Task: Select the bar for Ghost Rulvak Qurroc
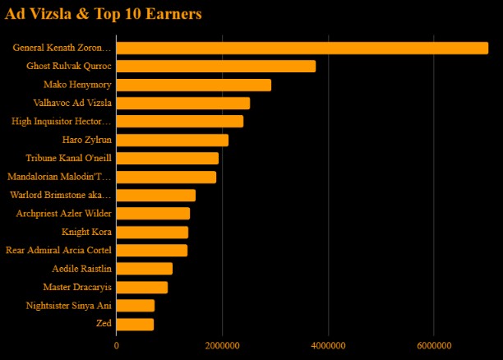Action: [x=215, y=66]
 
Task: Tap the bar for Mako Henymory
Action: [x=193, y=85]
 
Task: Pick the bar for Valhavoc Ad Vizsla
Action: [x=182, y=103]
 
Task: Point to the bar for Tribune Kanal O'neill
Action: [x=167, y=158]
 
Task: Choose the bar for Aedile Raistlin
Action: [x=144, y=269]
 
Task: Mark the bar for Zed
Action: [x=135, y=324]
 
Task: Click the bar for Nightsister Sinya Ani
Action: [x=135, y=306]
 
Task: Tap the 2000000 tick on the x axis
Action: [x=222, y=345]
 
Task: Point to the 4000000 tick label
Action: [x=328, y=345]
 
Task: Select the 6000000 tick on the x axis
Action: [x=433, y=345]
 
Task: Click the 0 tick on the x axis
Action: [x=117, y=345]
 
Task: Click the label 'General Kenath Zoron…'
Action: [x=62, y=48]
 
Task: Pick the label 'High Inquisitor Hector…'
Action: [x=62, y=122]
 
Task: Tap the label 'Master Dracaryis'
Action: [x=77, y=287]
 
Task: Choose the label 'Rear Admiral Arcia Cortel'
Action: [x=58, y=250]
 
